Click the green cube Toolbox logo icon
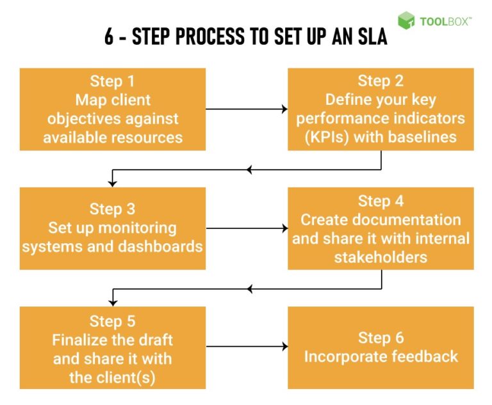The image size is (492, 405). pyautogui.click(x=406, y=20)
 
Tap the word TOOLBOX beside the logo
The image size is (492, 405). pyautogui.click(x=445, y=21)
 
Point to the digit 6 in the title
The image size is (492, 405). pyautogui.click(x=110, y=37)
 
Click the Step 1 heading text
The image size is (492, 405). pyautogui.click(x=113, y=83)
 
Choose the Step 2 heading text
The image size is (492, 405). pyautogui.click(x=381, y=81)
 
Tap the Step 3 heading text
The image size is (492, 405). pyautogui.click(x=113, y=209)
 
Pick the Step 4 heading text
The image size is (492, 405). pyautogui.click(x=381, y=201)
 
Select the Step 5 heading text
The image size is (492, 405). pyautogui.click(x=113, y=321)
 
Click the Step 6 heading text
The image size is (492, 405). pyautogui.click(x=381, y=338)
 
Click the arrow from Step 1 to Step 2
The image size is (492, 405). pyautogui.click(x=247, y=109)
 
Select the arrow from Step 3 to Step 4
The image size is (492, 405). pyautogui.click(x=247, y=228)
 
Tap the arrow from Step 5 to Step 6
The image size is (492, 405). pyautogui.click(x=247, y=347)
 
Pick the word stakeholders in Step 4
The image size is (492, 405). pyautogui.click(x=381, y=257)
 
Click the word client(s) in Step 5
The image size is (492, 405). pyautogui.click(x=133, y=377)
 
